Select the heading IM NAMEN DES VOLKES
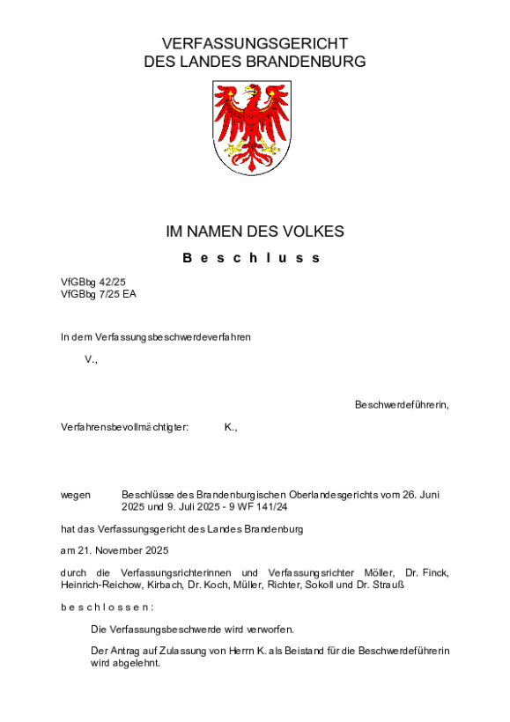(255, 232)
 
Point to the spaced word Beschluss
(252, 258)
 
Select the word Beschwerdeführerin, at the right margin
(402, 405)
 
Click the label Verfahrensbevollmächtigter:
(125, 427)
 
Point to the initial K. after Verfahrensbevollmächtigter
(231, 427)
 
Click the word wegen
(76, 495)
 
